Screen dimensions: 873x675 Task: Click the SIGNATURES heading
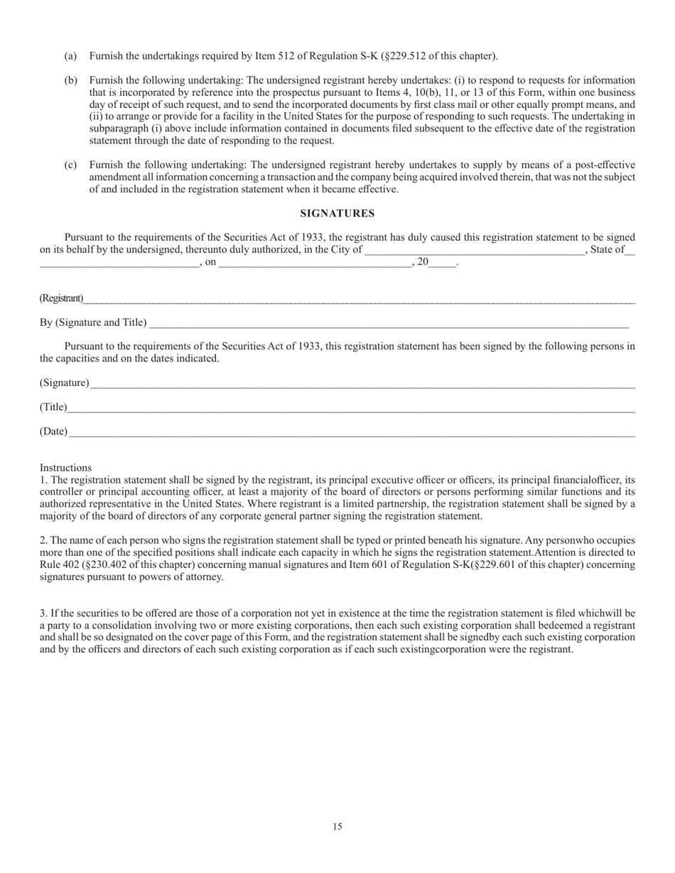tap(337, 214)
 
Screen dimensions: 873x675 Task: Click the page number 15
tap(337, 826)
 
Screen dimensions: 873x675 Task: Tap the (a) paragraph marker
tap(70, 56)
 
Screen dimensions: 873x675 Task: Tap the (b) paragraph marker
tap(70, 80)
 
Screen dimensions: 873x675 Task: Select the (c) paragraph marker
tap(70, 165)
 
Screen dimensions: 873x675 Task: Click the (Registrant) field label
tap(61, 298)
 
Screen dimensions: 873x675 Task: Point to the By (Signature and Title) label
tap(93, 323)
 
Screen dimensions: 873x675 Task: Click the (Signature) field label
tap(65, 383)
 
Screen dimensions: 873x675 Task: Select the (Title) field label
tap(53, 407)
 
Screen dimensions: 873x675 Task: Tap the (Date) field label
tap(54, 432)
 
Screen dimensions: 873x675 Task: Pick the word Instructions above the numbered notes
tap(65, 468)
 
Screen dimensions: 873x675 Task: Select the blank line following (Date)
tap(352, 433)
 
